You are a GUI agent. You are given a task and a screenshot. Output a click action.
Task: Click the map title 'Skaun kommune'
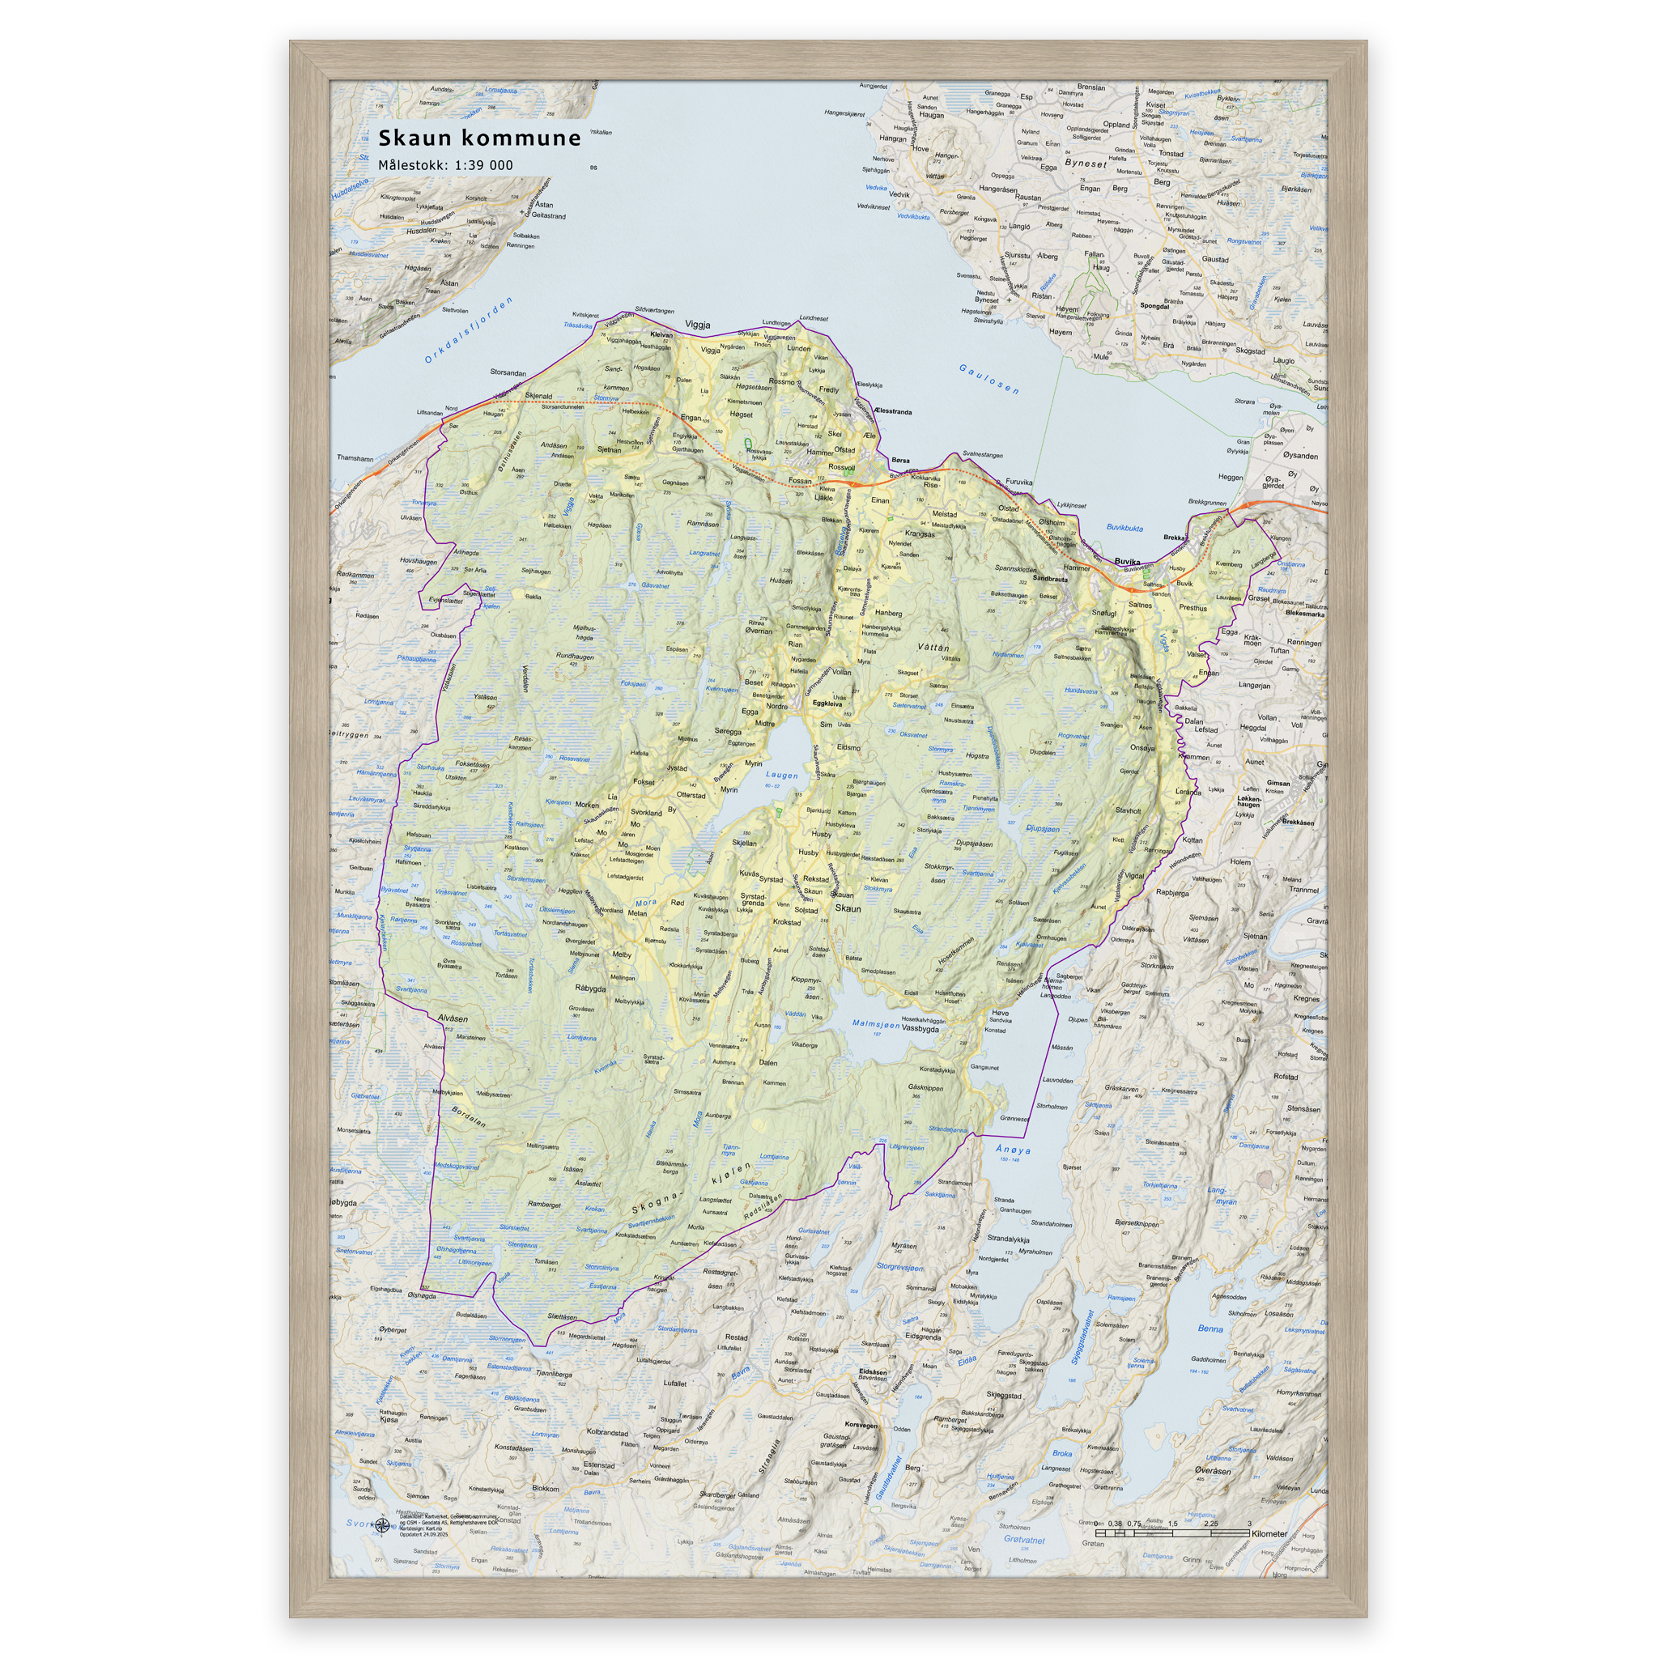(x=480, y=138)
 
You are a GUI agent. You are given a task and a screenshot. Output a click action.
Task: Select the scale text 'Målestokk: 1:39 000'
(x=445, y=166)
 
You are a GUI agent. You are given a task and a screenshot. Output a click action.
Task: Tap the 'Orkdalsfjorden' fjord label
(x=469, y=330)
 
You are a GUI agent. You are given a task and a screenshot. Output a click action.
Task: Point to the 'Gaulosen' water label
(x=988, y=378)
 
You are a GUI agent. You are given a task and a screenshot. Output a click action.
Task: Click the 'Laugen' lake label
(x=782, y=775)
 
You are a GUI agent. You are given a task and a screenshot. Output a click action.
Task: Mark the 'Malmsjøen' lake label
(x=875, y=1024)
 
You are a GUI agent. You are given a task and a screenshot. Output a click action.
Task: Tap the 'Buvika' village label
(x=1127, y=561)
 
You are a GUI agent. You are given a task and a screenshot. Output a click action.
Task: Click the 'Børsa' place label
(x=900, y=460)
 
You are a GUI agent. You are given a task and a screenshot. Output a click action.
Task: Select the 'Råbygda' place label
(x=590, y=988)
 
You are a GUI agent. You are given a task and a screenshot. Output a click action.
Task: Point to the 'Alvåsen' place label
(x=453, y=1018)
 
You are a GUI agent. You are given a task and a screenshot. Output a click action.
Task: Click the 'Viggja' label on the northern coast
(x=698, y=325)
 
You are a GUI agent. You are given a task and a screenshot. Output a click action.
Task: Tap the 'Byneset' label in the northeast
(x=1085, y=163)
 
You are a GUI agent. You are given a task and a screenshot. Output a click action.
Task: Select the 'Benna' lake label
(x=1210, y=1329)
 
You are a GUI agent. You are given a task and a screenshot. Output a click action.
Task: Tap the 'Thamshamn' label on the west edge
(x=355, y=458)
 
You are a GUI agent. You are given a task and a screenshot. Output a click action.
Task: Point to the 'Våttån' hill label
(x=933, y=648)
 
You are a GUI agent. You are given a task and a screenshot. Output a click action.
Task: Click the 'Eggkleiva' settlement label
(x=827, y=704)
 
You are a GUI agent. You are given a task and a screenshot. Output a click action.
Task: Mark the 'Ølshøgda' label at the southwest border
(x=423, y=1296)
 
